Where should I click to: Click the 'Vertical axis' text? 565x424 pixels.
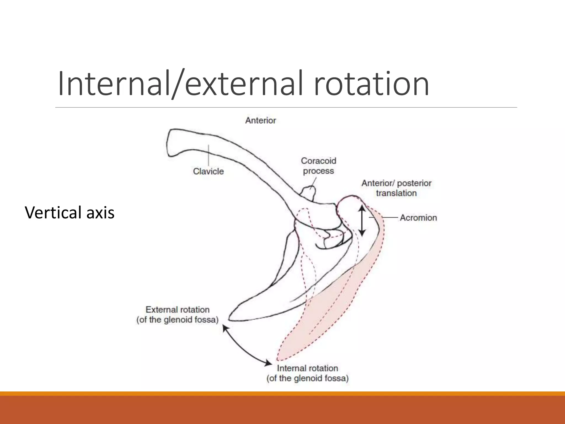click(70, 213)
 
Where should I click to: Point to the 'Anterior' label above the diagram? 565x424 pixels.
click(260, 120)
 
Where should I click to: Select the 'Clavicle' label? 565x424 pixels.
click(208, 171)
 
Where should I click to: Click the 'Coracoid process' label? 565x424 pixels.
click(318, 166)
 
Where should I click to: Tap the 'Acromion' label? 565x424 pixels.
click(418, 218)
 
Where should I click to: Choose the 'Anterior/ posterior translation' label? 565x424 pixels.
click(396, 188)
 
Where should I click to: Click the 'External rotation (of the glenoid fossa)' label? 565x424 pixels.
click(177, 315)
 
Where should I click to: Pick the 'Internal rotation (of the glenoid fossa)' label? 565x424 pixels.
click(307, 373)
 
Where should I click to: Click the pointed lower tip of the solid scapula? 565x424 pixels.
click(230, 319)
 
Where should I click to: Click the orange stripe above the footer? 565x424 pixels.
click(282, 393)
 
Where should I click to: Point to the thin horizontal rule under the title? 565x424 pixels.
click(286, 107)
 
